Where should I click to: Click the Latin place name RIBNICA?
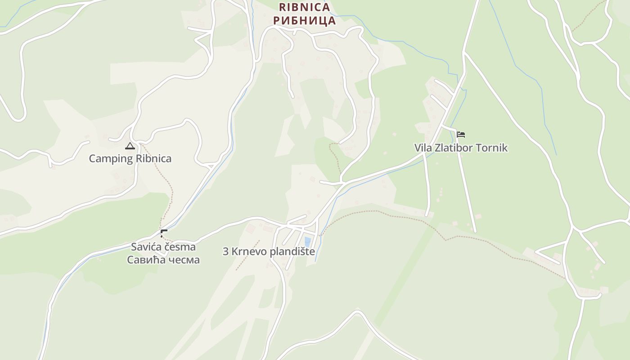pyautogui.click(x=305, y=7)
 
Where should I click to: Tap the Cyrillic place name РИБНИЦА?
pyautogui.click(x=305, y=20)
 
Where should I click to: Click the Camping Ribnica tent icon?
pyautogui.click(x=130, y=146)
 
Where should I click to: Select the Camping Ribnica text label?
pyautogui.click(x=130, y=158)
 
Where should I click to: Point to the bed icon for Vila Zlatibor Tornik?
pyautogui.click(x=460, y=135)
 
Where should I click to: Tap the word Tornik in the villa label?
pyautogui.click(x=494, y=148)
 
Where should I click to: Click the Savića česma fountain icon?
pyautogui.click(x=164, y=233)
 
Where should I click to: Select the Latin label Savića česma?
pyautogui.click(x=163, y=247)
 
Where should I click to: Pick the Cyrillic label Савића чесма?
pyautogui.click(x=163, y=260)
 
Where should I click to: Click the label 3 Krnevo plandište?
pyautogui.click(x=269, y=252)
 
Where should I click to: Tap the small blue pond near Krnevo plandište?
pyautogui.click(x=308, y=242)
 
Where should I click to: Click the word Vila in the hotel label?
pyautogui.click(x=423, y=148)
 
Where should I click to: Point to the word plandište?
pyautogui.click(x=292, y=252)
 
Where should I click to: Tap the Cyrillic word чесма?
pyautogui.click(x=182, y=260)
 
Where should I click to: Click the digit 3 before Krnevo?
pyautogui.click(x=226, y=252)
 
